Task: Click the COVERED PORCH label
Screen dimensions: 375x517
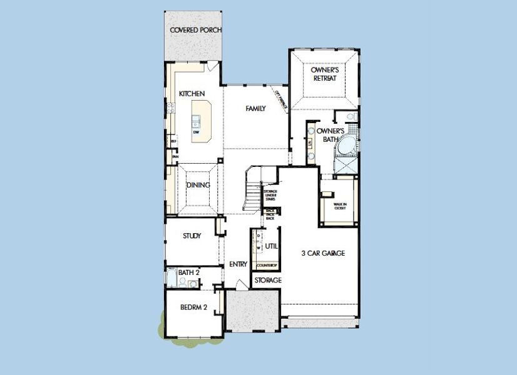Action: (196, 30)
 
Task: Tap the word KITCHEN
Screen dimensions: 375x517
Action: (192, 94)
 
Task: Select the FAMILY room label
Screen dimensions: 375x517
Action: (255, 109)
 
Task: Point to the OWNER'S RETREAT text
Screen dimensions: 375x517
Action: (324, 74)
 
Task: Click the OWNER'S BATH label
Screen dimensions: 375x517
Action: (328, 135)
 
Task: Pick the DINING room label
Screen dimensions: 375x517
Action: (198, 186)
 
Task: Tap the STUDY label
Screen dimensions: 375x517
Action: (192, 236)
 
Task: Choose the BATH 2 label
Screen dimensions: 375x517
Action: (188, 272)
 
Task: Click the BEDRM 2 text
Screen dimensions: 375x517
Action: (193, 308)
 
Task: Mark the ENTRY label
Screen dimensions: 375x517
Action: (238, 264)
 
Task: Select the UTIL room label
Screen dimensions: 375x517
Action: (271, 247)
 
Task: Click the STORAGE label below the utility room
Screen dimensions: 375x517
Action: (268, 281)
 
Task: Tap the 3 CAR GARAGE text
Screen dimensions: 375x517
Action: (323, 253)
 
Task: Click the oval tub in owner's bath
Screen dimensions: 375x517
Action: (346, 149)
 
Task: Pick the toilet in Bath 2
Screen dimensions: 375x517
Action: (182, 283)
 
